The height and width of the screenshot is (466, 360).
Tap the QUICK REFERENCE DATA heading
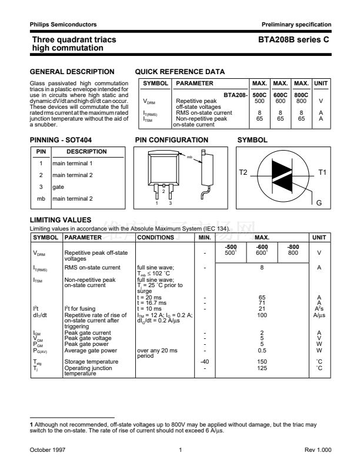[180, 72]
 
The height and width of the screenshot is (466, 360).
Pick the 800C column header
[301, 94]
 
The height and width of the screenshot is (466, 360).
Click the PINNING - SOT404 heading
[60, 140]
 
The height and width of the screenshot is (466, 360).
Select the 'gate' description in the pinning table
[58, 187]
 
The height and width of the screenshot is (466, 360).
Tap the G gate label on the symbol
[319, 203]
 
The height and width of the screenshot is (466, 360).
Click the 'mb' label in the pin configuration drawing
[190, 158]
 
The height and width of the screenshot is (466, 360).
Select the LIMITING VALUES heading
[60, 219]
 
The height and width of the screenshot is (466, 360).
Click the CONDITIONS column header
[155, 237]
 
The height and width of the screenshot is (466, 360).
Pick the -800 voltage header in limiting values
[292, 247]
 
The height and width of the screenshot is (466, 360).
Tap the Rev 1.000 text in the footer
[318, 450]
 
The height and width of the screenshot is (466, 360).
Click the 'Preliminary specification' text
[296, 24]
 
